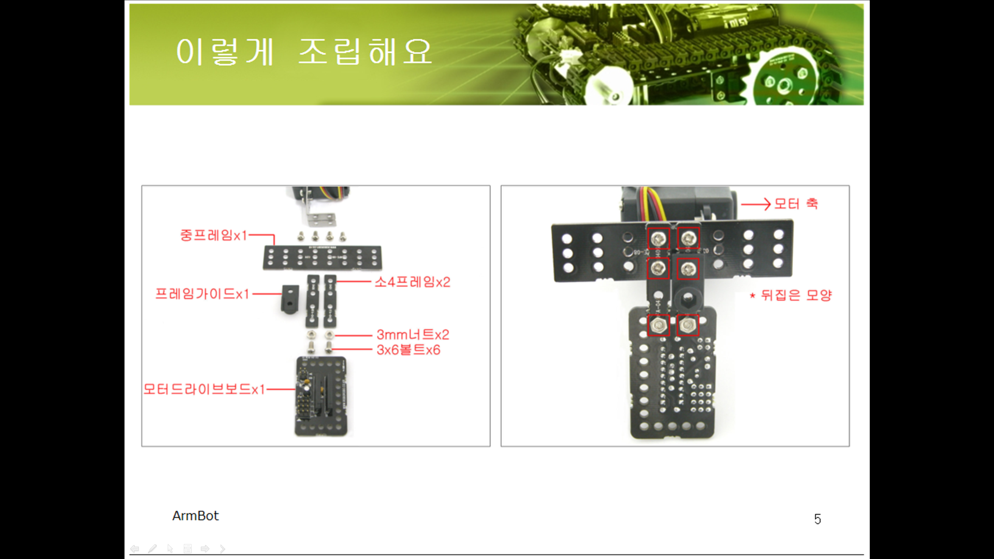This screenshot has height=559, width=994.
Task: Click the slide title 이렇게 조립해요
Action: (304, 52)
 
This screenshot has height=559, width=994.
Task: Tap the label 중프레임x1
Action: (213, 236)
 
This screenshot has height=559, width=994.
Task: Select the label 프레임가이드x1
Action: (202, 294)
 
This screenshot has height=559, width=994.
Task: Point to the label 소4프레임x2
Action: (412, 282)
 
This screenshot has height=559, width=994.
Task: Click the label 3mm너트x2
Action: (413, 335)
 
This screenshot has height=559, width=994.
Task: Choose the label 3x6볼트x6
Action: (408, 350)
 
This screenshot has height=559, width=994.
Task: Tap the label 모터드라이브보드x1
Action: (204, 389)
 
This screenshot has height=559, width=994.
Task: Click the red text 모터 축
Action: (796, 204)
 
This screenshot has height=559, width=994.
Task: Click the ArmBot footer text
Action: (195, 516)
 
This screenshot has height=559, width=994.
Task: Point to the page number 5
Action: (817, 519)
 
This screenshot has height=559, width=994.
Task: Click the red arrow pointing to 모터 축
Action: (756, 204)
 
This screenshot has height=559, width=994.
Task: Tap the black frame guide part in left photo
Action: (290, 299)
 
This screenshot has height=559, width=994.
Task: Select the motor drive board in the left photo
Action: (321, 396)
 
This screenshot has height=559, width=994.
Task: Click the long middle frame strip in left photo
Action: (322, 257)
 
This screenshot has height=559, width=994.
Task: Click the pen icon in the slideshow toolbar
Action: (152, 549)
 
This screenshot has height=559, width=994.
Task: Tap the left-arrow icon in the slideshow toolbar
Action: (135, 549)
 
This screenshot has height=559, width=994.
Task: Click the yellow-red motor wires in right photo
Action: (650, 203)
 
